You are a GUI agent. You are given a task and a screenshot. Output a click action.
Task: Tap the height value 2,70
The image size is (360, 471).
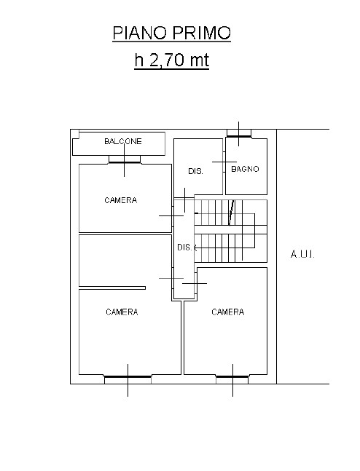[x=167, y=60]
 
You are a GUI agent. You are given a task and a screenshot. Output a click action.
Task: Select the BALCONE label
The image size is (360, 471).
[x=123, y=141]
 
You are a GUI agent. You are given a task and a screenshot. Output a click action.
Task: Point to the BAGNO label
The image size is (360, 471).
[x=245, y=169]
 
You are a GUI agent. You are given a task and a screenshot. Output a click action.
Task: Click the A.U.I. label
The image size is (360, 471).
[x=302, y=255]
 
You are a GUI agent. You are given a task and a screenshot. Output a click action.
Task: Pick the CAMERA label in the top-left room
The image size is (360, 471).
[x=121, y=200]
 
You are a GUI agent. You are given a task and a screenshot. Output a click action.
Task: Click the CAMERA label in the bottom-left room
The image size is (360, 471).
[x=122, y=312]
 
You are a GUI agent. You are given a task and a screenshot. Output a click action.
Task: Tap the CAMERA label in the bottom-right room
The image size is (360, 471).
[x=227, y=312]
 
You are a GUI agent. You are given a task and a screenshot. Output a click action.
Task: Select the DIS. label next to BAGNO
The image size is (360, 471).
[x=195, y=171]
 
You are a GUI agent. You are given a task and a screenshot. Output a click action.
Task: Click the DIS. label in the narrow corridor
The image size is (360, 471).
[x=184, y=248]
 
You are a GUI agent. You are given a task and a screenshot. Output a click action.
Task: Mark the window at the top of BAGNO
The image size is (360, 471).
[x=239, y=133]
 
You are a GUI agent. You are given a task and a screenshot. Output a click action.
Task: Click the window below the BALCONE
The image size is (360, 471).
[x=125, y=159]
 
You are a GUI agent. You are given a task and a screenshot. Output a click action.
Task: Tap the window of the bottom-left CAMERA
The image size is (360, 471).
[x=128, y=379]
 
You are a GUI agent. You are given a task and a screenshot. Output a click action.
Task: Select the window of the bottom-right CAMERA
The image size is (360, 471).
[x=232, y=379]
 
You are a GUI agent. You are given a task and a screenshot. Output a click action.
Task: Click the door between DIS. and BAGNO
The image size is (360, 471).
[x=224, y=162]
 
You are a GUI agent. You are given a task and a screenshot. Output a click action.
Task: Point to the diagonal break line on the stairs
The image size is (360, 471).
[x=231, y=213]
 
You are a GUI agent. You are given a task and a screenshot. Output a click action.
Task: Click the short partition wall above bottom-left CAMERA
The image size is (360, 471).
[x=112, y=288]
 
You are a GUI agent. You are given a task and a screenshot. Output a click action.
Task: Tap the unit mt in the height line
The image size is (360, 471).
[x=200, y=60]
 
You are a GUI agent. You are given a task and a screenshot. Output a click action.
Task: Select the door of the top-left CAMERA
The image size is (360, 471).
[x=173, y=215]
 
